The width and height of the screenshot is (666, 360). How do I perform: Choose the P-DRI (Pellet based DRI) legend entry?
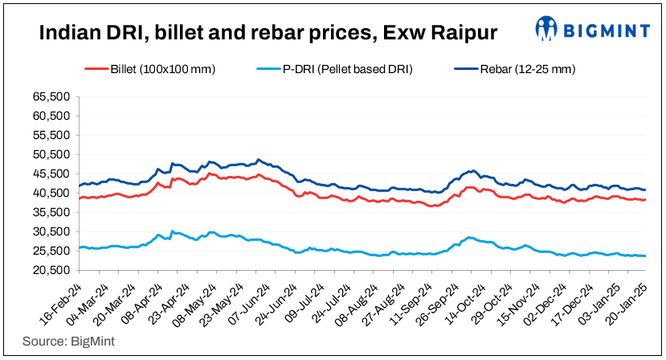347,69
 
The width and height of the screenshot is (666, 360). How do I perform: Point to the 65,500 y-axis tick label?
51,96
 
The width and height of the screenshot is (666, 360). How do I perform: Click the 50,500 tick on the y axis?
51,154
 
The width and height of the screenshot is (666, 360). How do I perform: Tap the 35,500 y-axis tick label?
51,212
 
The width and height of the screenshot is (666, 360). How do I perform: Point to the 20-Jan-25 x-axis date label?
628,303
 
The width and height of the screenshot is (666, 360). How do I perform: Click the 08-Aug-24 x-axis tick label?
354,303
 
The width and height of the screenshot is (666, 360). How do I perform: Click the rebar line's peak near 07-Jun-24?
258,159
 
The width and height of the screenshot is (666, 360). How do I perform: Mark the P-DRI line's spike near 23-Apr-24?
171,231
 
